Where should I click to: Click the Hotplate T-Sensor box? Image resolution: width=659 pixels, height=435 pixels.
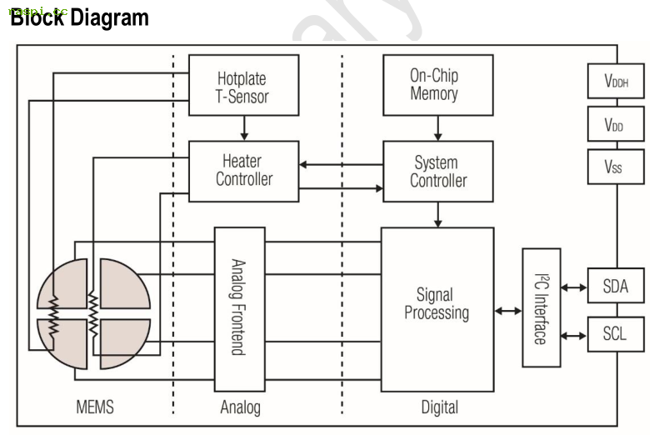(x=243, y=84)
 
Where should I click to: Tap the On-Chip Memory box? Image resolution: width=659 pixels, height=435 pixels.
(x=437, y=84)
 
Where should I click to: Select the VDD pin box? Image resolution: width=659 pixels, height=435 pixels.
(x=616, y=125)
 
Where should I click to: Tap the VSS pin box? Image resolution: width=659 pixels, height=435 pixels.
(x=616, y=167)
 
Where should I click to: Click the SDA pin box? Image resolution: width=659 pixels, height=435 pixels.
(x=616, y=289)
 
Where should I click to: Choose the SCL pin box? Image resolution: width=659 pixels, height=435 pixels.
(x=616, y=335)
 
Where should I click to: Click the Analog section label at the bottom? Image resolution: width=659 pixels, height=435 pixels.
(x=240, y=407)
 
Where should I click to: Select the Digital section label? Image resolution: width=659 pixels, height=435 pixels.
(x=440, y=407)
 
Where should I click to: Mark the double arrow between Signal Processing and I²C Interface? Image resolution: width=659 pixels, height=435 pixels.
(x=507, y=311)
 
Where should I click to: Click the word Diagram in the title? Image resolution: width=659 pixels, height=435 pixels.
(x=108, y=17)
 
